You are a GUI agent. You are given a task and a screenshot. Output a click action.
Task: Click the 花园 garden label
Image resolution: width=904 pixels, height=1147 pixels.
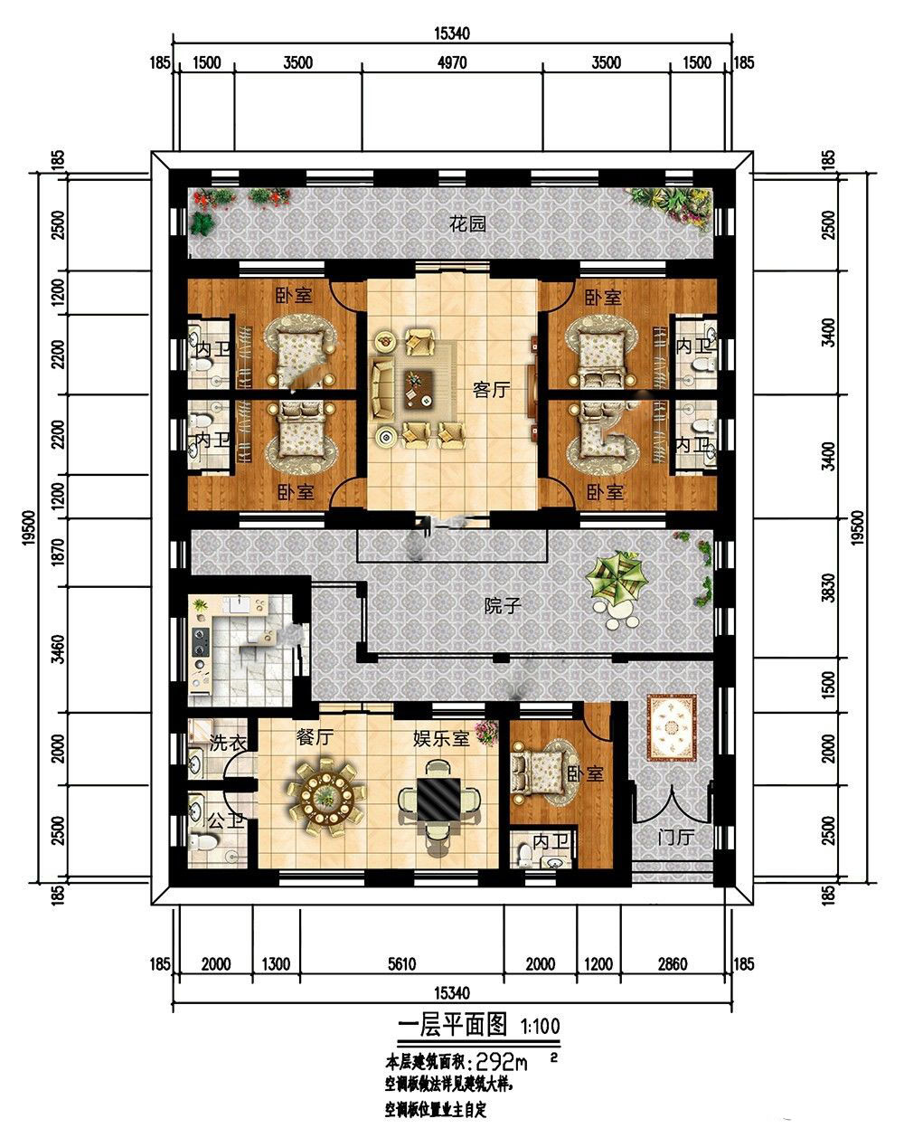[x=467, y=223]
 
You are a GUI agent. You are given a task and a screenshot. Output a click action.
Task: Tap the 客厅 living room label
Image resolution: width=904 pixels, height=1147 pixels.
[x=491, y=390]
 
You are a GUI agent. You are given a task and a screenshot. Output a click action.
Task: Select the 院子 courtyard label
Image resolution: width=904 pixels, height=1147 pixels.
[x=503, y=605]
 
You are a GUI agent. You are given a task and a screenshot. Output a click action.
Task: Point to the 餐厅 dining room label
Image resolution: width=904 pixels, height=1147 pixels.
[x=315, y=737]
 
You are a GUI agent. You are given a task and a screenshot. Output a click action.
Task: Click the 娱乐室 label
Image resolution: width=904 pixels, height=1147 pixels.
[x=442, y=738]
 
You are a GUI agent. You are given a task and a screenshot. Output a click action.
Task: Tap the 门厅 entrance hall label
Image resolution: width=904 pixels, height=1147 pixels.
[x=675, y=837]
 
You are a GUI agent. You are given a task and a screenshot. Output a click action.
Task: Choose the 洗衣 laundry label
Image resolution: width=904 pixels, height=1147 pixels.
[x=227, y=743]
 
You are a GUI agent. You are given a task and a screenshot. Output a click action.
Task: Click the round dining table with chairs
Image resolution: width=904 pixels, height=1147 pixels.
[x=326, y=798]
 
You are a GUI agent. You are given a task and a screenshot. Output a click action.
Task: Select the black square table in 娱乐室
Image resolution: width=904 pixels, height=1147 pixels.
[x=438, y=800]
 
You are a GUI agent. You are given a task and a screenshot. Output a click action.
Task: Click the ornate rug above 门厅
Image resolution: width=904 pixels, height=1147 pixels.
[x=672, y=727]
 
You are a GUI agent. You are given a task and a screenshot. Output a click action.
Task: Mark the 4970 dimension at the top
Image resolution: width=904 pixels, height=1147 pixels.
[x=452, y=63]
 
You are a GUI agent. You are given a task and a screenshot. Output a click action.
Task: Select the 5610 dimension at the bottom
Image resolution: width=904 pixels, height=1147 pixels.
[x=401, y=963]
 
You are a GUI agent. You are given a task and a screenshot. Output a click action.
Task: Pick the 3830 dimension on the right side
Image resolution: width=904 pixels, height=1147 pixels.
[x=828, y=587]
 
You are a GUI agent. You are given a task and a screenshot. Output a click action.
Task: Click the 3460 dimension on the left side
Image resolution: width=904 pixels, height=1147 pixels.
[x=60, y=649]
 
